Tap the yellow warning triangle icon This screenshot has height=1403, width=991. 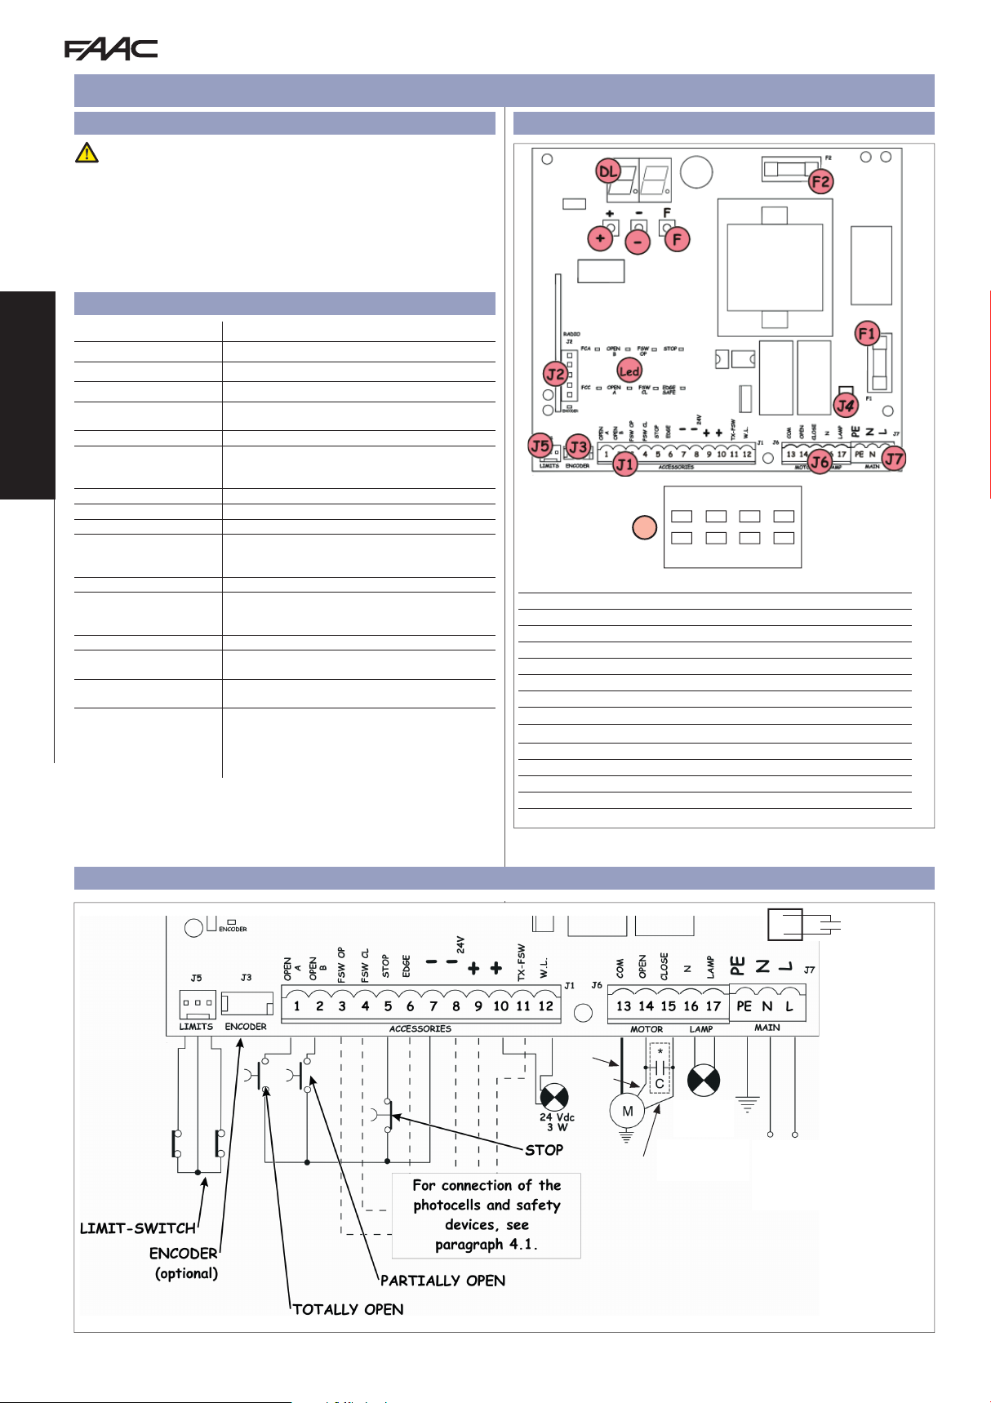pos(87,153)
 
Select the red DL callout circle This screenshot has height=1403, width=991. pos(608,171)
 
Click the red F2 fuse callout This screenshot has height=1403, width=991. pos(820,181)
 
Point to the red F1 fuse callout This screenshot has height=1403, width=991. pos(867,333)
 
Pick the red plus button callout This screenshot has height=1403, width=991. pos(600,238)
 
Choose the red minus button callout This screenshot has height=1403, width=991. pos(638,242)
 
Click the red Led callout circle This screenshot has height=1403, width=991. pos(629,371)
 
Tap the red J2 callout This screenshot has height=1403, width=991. pos(555,375)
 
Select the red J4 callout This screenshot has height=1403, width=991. pos(845,404)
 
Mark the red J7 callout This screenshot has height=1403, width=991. pos(895,459)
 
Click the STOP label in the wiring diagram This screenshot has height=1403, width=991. pos(544,1150)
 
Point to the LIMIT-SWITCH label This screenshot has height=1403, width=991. pos(138,1228)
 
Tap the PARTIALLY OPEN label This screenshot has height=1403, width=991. pos(443,1281)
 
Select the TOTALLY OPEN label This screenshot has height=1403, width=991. pos(349,1309)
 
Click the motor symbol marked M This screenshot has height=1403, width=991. pos(627,1111)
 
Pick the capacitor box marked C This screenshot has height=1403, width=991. pos(660,1084)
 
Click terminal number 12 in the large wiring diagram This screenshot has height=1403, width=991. pos(545,1006)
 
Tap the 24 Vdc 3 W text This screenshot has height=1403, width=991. pos(557,1122)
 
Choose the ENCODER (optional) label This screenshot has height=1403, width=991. pos(184,1263)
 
